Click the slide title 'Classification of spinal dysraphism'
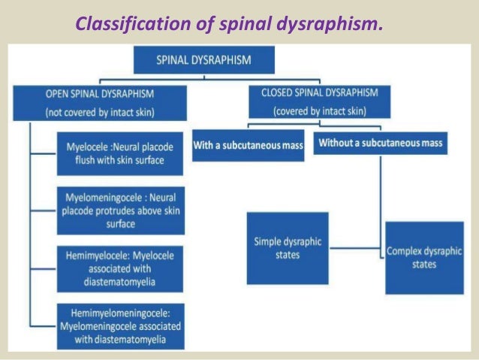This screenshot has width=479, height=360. click(x=229, y=24)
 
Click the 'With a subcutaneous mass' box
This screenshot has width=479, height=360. click(x=248, y=144)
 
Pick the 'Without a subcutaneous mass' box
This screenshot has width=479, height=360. click(x=381, y=143)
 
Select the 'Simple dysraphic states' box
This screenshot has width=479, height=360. click(x=287, y=248)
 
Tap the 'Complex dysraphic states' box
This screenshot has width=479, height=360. click(x=424, y=258)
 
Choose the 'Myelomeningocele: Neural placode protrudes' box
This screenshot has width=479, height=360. click(x=120, y=208)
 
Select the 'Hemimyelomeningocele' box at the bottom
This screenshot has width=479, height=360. click(x=120, y=325)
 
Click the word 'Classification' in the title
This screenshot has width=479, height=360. click(x=125, y=24)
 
